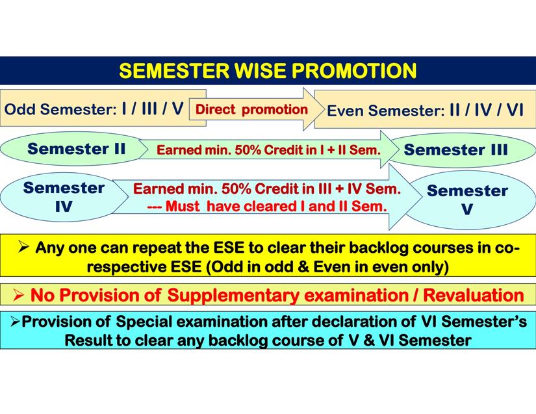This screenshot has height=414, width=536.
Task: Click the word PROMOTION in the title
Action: pos(354,71)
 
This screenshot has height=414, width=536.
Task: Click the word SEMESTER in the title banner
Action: pos(174,71)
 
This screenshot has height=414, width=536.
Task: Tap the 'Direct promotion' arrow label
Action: pos(251,109)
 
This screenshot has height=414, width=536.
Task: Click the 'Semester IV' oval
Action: pos(64,197)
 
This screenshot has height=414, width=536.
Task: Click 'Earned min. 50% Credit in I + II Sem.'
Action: pos(269,149)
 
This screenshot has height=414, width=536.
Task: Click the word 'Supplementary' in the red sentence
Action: pos(233,295)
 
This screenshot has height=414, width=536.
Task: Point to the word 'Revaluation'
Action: pos(474,295)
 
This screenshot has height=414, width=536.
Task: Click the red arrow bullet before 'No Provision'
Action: pos(18,295)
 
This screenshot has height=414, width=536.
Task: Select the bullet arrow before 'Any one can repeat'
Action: pos(23,246)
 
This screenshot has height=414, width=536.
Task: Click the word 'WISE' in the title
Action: pos(261,71)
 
